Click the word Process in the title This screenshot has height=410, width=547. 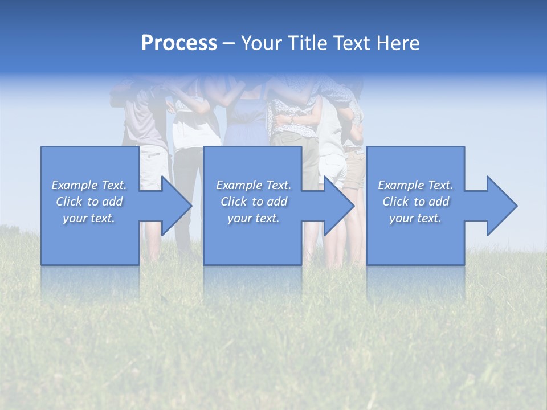point(179,43)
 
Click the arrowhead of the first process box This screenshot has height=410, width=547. point(174,206)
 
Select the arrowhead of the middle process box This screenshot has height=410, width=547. point(337,206)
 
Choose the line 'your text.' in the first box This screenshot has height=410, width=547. point(89,218)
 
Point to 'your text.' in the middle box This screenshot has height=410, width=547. point(253,218)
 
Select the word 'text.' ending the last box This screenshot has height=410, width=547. point(429,218)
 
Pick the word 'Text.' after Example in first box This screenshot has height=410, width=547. point(113,185)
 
